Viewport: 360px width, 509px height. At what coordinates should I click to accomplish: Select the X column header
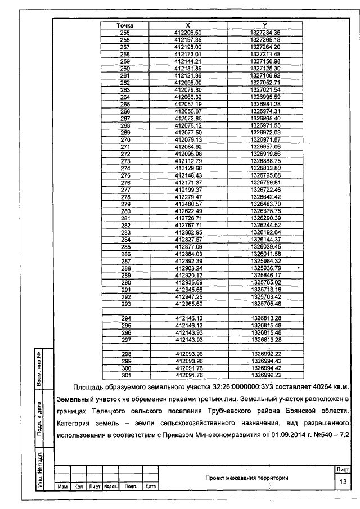pyautogui.click(x=188, y=26)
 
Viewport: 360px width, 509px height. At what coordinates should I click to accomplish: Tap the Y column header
pyautogui.click(x=265, y=26)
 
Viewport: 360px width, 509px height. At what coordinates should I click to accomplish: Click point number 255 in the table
pyautogui.click(x=125, y=33)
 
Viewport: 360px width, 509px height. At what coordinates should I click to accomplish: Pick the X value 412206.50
pyautogui.click(x=188, y=33)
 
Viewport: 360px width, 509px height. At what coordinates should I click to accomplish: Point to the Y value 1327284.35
pyautogui.click(x=265, y=33)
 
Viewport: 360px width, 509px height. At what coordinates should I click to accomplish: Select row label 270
pyautogui.click(x=125, y=139)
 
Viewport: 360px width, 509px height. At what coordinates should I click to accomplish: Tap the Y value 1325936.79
pyautogui.click(x=265, y=268)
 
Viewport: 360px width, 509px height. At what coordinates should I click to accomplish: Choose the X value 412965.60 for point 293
pyautogui.click(x=188, y=304)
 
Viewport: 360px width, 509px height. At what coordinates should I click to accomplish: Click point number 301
pyautogui.click(x=125, y=375)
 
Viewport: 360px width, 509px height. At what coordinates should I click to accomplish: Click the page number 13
pyautogui.click(x=342, y=482)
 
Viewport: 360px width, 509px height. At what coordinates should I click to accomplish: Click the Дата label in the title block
pyautogui.click(x=150, y=487)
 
